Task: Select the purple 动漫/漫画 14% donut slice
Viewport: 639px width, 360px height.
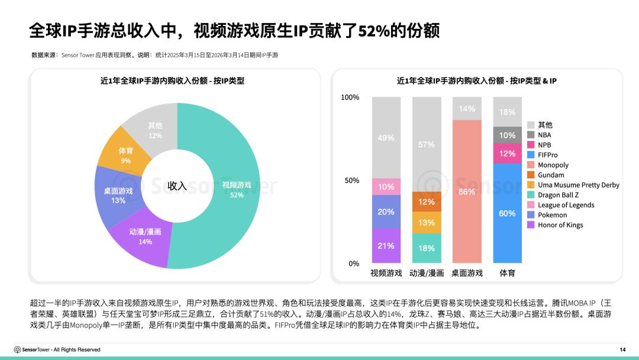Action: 141,236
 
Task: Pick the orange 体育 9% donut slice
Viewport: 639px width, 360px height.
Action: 125,155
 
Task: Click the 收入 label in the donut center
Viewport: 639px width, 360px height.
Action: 177,186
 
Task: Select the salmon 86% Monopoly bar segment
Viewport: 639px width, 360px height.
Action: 467,191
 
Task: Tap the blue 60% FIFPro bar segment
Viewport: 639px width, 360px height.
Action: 507,213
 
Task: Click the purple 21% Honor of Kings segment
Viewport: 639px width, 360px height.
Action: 386,246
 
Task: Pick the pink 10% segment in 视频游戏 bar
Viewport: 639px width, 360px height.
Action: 386,187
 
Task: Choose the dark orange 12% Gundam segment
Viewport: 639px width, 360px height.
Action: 427,202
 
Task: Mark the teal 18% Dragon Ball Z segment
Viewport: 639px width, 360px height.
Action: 427,248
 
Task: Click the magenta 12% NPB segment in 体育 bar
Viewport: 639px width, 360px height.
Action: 507,153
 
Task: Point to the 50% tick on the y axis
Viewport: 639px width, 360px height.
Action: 351,180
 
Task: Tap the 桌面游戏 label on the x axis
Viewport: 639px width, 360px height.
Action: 467,273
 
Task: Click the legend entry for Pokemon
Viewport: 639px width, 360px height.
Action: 552,215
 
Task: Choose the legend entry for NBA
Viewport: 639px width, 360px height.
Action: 544,135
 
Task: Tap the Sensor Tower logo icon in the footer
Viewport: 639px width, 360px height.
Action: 18,350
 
